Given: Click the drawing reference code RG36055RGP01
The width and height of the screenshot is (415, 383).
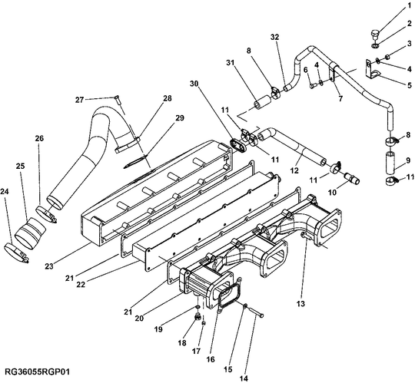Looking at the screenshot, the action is point(38,371).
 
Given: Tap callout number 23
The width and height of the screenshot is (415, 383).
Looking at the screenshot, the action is point(49,266).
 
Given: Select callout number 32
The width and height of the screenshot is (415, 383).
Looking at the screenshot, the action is point(274,37).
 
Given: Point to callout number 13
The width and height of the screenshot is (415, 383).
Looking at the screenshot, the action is point(300,304).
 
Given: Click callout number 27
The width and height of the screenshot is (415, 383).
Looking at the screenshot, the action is point(79,100).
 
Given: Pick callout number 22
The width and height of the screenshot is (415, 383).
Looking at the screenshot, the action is point(81,285).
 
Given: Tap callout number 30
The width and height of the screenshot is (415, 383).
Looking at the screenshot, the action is point(194,84).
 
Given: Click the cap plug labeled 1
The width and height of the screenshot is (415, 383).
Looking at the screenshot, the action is point(374,35).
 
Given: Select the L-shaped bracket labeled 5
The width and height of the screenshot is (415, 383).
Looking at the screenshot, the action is point(373,69).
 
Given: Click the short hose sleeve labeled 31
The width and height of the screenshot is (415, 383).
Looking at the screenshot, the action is point(262,103).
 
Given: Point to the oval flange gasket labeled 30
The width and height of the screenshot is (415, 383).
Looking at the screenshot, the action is point(238,146).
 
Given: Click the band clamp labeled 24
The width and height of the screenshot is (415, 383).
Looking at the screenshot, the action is point(16,253).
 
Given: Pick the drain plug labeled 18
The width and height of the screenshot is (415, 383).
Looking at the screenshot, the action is point(198,316).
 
